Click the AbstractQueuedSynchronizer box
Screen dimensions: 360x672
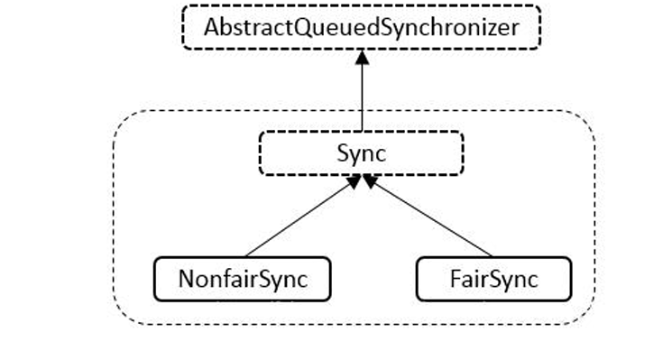[362, 27]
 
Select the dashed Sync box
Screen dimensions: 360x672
[361, 153]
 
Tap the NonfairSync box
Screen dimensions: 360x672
[242, 279]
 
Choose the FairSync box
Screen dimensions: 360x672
[493, 279]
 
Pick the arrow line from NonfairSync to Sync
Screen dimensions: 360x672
[298, 217]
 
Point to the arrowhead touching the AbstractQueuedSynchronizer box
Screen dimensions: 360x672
[362, 56]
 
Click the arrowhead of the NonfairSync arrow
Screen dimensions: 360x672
[353, 182]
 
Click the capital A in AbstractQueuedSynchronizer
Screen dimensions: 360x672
[211, 27]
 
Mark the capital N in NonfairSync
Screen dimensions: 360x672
[185, 279]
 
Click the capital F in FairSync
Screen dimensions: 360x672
[455, 279]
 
